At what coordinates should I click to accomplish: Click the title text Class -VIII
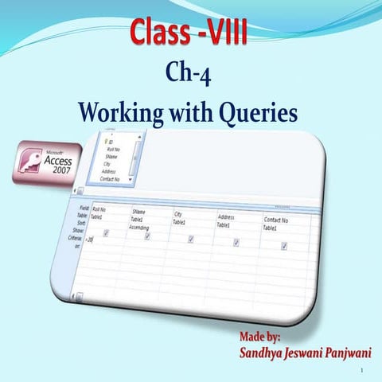190,33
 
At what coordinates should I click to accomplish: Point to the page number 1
361,371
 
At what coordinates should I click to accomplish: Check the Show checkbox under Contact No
284,246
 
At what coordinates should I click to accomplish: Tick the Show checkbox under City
191,239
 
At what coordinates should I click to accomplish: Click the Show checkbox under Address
236,242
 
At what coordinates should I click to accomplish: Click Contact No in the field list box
116,180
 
